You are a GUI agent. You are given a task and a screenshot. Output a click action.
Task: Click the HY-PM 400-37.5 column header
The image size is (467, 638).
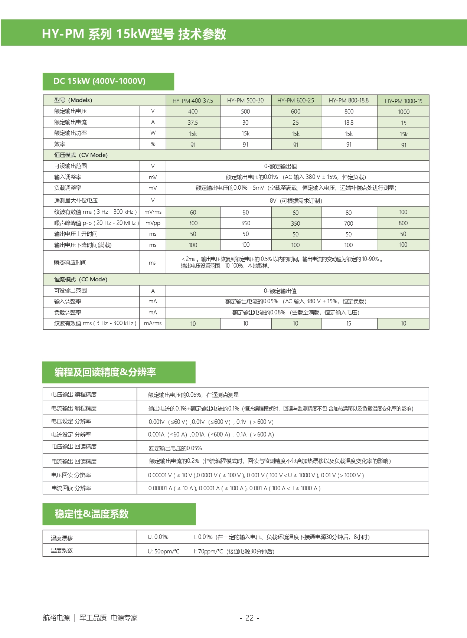[193, 101]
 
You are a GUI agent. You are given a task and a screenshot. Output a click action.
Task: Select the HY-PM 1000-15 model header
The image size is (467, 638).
[403, 101]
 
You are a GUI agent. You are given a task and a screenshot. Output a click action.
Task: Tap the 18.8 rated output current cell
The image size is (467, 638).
[349, 122]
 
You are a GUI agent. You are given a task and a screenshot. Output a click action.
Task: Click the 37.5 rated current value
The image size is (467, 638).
[193, 122]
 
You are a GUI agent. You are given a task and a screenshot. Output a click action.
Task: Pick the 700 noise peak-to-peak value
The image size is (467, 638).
[349, 223]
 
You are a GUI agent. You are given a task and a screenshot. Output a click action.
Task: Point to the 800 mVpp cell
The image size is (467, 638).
[403, 223]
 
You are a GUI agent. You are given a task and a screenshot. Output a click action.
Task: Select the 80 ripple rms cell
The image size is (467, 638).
[349, 213]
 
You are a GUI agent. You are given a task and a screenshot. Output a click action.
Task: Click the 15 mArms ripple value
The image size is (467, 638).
[349, 324]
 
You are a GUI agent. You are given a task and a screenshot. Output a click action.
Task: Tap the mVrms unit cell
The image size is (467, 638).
[153, 212]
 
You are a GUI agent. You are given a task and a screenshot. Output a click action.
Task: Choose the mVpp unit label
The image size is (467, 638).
[153, 223]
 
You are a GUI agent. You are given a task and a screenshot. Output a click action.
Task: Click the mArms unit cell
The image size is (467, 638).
[153, 323]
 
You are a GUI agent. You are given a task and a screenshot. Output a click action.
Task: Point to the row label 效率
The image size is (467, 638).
[60, 144]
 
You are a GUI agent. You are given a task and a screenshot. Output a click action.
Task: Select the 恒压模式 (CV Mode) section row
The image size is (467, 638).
[81, 155]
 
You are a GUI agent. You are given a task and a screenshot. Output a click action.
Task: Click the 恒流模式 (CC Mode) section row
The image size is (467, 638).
[81, 279]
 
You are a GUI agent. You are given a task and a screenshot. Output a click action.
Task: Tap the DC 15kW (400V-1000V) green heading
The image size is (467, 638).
[99, 81]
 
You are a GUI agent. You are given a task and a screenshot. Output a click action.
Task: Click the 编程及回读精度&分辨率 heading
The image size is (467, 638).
[105, 372]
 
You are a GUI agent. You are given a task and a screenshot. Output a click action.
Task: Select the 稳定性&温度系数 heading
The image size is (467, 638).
[92, 514]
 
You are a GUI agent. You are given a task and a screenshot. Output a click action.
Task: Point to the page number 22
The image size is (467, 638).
[249, 618]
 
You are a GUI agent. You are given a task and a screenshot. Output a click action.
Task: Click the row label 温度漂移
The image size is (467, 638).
[62, 538]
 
